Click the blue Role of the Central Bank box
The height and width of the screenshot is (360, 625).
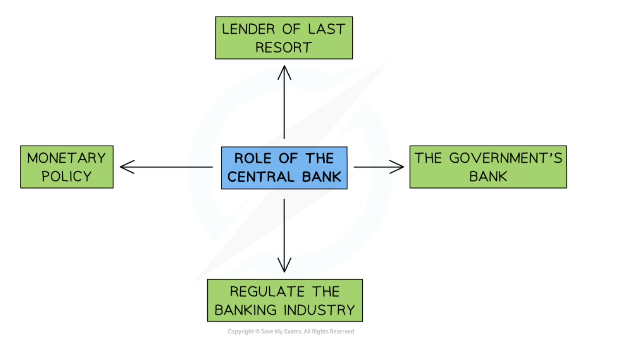point(284,167)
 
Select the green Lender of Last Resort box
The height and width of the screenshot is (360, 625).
point(284,38)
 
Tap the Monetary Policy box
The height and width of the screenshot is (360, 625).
point(67,167)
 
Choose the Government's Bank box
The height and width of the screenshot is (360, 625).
point(488,167)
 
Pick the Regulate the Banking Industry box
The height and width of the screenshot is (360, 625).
point(285,300)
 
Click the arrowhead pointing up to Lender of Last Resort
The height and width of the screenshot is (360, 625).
point(284,71)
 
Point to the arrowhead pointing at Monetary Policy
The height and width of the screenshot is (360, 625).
point(125,167)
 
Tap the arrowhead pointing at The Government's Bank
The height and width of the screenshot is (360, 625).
point(398,167)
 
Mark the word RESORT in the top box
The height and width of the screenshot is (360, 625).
point(284,47)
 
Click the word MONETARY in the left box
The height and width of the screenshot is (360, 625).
point(67,158)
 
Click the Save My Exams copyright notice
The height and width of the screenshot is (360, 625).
point(291,331)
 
